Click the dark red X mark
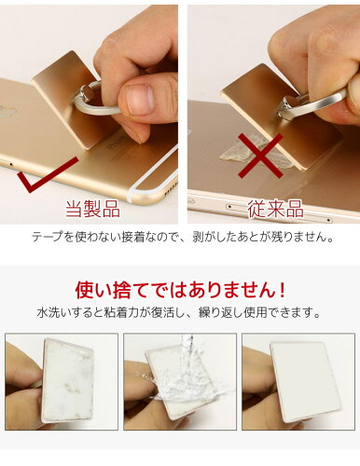pos(260,156)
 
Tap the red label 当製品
pos(92,209)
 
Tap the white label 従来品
pos(275,209)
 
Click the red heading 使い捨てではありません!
pos(180,290)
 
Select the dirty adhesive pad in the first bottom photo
pos(68,380)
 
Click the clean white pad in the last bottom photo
pos(298,381)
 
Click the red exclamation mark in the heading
pos(281,290)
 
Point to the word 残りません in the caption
pos(295,237)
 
